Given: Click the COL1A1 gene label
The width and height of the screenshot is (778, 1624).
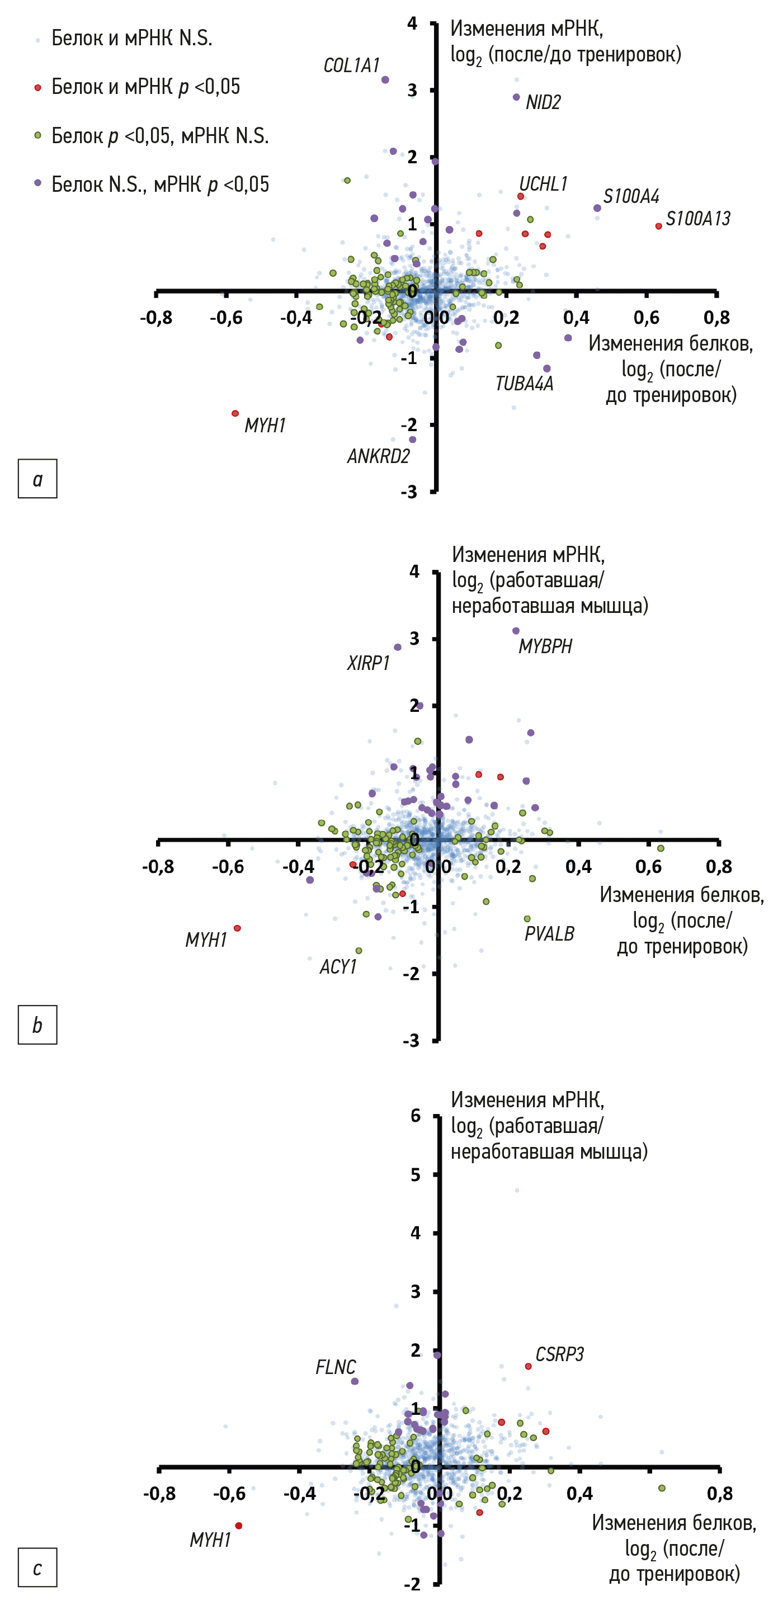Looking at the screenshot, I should pyautogui.click(x=351, y=65).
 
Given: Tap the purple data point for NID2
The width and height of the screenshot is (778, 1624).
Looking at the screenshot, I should pyautogui.click(x=516, y=97).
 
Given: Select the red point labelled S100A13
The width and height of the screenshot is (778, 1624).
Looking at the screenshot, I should pyautogui.click(x=659, y=226).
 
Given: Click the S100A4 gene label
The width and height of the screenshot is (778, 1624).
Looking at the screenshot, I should pyautogui.click(x=630, y=197).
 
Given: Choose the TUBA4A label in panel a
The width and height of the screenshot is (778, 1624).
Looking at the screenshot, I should pyautogui.click(x=524, y=383).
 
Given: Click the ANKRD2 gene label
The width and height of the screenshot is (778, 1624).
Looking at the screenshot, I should pyautogui.click(x=378, y=456).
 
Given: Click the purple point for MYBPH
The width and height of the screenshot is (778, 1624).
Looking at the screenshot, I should pyautogui.click(x=516, y=631).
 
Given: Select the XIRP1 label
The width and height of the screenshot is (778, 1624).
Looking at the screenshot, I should pyautogui.click(x=368, y=663).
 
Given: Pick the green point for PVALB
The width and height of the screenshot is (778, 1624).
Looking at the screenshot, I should pyautogui.click(x=527, y=919).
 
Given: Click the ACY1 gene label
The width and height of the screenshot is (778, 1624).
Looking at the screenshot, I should pyautogui.click(x=338, y=967).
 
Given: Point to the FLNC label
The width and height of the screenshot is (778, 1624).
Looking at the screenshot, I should pyautogui.click(x=336, y=1367).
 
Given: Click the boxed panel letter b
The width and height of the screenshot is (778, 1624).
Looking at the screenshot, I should pyautogui.click(x=37, y=1025).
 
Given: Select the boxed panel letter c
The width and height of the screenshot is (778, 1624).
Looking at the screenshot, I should pyautogui.click(x=37, y=1568).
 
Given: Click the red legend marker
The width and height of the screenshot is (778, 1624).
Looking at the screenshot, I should pyautogui.click(x=38, y=87).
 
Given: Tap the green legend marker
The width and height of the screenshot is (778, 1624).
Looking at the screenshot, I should pyautogui.click(x=38, y=135).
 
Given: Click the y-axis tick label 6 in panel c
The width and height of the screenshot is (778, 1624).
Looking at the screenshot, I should pyautogui.click(x=416, y=1116).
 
